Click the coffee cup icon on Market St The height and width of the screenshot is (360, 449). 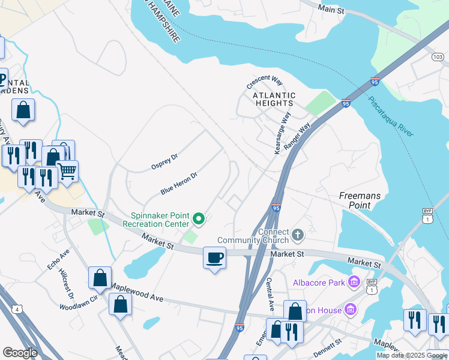[215, 259]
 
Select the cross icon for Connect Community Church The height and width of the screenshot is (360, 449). [298, 233]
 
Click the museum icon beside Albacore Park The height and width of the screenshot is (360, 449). [354, 281]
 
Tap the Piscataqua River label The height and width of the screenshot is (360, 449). [390, 116]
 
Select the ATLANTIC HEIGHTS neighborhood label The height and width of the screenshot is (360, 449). [274, 99]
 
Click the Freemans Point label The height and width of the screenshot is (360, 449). [360, 200]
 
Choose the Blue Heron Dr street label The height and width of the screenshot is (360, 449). [179, 183]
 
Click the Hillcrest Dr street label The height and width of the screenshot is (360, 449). [66, 283]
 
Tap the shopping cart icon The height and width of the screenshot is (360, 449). [67, 171]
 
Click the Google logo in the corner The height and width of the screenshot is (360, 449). [20, 353]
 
